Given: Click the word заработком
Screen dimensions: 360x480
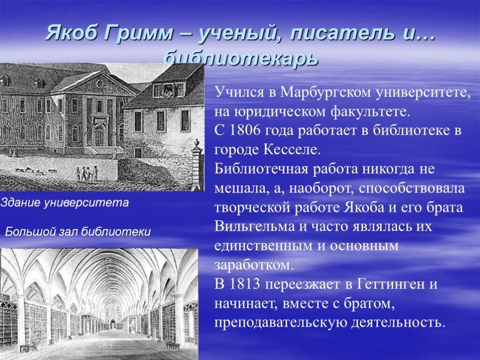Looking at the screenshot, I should pyautogui.click(x=254, y=265).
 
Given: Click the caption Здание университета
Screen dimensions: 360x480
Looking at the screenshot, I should pyautogui.click(x=65, y=203).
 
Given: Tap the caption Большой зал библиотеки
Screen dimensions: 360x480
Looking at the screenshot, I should pyautogui.click(x=78, y=232).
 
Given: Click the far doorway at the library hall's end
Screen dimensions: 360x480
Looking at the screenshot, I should pyautogui.click(x=112, y=324).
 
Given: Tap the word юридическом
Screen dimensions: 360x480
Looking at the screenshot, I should pyautogui.click(x=277, y=112).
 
